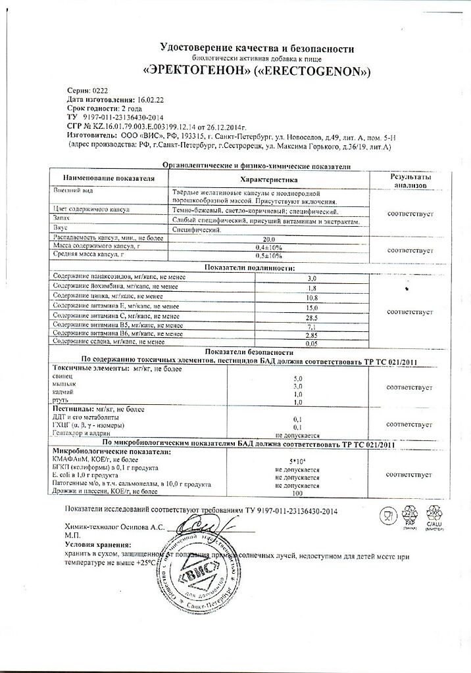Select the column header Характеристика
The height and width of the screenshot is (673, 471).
[269, 179]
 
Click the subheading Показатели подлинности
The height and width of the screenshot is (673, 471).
[249, 268]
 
